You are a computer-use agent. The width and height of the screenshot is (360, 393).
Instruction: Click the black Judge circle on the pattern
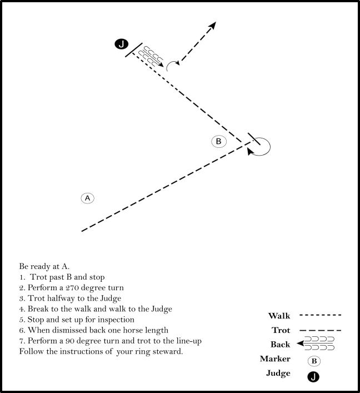pos(121,44)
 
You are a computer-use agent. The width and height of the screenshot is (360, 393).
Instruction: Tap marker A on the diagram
pos(87,198)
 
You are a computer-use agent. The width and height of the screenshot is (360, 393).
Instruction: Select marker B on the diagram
pos(218,141)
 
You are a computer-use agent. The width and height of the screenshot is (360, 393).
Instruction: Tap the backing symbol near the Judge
pos(151,56)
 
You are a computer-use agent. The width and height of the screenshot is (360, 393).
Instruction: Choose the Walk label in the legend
pos(279,316)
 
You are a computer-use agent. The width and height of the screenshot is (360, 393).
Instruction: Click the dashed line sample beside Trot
pos(321,330)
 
